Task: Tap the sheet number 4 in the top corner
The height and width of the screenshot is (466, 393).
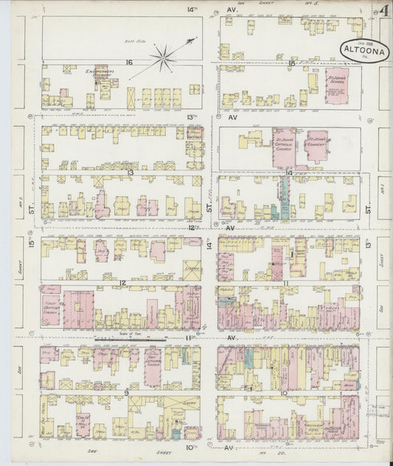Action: [x=384, y=12]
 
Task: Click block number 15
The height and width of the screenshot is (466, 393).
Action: [x=293, y=63]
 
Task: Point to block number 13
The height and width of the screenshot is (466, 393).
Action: [x=130, y=173]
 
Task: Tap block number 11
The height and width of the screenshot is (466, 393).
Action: [x=285, y=282]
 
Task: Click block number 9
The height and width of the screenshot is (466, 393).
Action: [x=126, y=393]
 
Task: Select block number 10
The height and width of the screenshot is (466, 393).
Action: [x=284, y=393]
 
